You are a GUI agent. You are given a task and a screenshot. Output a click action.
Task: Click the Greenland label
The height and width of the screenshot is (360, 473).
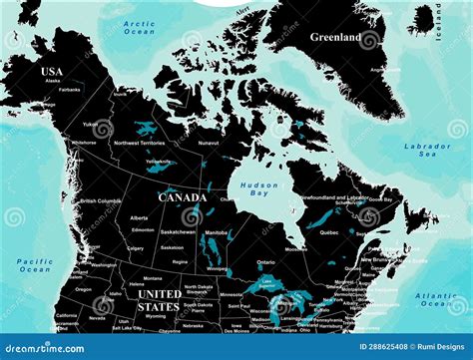[x=335, y=38]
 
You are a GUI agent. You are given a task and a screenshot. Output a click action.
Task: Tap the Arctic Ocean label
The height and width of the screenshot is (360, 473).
[x=139, y=27]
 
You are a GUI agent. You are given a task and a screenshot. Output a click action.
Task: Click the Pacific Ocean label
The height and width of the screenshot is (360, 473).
[x=35, y=265]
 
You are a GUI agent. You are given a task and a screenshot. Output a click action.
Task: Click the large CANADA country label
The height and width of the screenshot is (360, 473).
[x=183, y=197]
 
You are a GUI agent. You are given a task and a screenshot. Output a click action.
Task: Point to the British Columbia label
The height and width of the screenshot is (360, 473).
[x=101, y=200]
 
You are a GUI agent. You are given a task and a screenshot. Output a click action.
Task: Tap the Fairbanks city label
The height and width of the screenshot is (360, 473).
[x=69, y=89]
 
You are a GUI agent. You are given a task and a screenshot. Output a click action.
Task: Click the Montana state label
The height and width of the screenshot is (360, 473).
[x=152, y=278]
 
